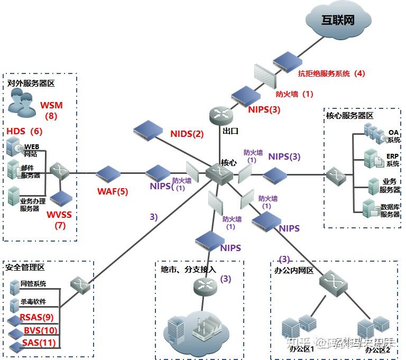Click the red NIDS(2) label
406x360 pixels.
(x=187, y=134)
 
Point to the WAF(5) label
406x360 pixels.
(x=112, y=191)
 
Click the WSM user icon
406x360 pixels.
(x=21, y=103)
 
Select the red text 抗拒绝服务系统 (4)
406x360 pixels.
(x=331, y=73)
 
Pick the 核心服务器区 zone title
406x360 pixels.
(x=349, y=115)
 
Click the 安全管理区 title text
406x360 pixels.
(x=25, y=268)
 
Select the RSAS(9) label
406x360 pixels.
(x=36, y=317)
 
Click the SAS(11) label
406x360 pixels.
(x=39, y=343)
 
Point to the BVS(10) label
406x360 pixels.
(x=40, y=330)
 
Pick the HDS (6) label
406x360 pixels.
(x=24, y=131)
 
